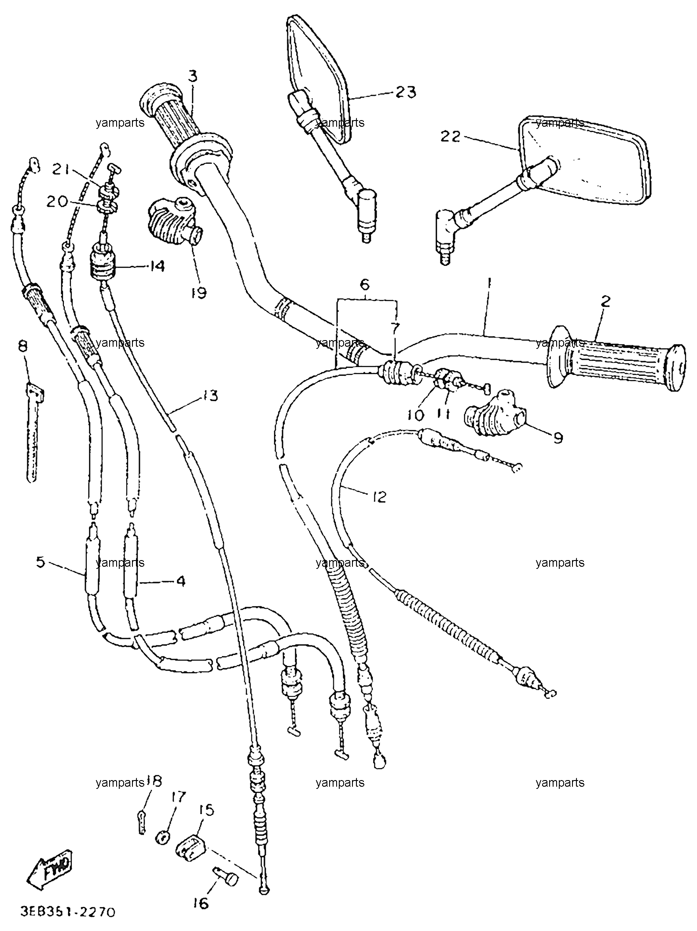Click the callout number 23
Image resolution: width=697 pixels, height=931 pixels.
406,93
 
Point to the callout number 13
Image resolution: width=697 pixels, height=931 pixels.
210,396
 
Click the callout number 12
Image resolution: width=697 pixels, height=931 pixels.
378,497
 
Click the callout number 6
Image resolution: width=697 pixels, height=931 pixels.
365,285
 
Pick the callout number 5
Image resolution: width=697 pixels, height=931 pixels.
40,563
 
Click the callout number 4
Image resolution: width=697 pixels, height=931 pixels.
180,581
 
